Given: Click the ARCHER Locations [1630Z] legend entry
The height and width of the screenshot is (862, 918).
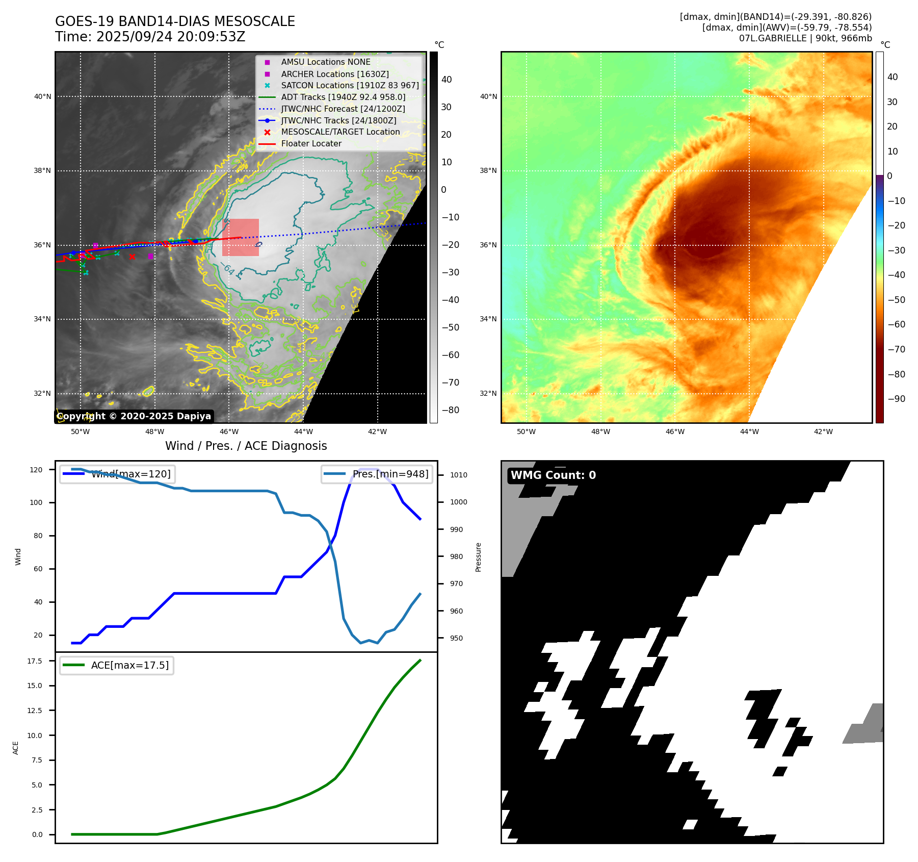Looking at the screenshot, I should coord(334,74).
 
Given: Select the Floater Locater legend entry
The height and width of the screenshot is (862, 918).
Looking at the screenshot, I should coord(311,144).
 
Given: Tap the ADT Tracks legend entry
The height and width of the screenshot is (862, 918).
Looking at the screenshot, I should coord(343,97).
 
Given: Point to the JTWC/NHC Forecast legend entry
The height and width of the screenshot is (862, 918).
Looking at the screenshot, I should coord(343,109).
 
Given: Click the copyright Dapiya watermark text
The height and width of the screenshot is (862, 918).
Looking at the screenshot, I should coord(134,416).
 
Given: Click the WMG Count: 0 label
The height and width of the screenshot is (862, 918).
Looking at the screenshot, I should coord(553,475).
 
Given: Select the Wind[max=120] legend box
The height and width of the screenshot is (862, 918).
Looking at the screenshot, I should coord(117,474).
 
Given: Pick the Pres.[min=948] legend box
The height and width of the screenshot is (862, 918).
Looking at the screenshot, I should coord(377,474).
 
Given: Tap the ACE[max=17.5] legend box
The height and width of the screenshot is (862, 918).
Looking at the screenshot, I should coord(117,665).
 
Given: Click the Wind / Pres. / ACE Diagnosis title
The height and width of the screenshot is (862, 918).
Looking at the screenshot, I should coord(246,446).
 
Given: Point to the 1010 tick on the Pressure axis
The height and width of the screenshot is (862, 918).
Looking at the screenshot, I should coord(458,475).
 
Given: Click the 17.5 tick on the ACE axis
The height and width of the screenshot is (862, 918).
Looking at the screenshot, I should coord(35,661).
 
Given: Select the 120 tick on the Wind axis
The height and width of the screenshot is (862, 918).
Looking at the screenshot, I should coord(36,470).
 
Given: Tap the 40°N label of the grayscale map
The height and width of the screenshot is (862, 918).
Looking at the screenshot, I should coord(42,96).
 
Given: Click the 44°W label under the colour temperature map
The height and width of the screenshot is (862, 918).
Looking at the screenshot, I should coord(749,432).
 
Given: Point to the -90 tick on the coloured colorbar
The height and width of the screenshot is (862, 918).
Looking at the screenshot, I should coord(896,399).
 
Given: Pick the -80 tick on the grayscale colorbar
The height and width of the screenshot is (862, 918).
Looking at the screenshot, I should coord(450,410).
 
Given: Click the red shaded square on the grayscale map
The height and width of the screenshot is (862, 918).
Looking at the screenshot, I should coord(241,237).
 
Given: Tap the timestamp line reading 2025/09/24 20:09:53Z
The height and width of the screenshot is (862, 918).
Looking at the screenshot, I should coord(150,37).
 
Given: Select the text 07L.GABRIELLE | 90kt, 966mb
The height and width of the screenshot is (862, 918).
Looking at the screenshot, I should coord(805,38).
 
